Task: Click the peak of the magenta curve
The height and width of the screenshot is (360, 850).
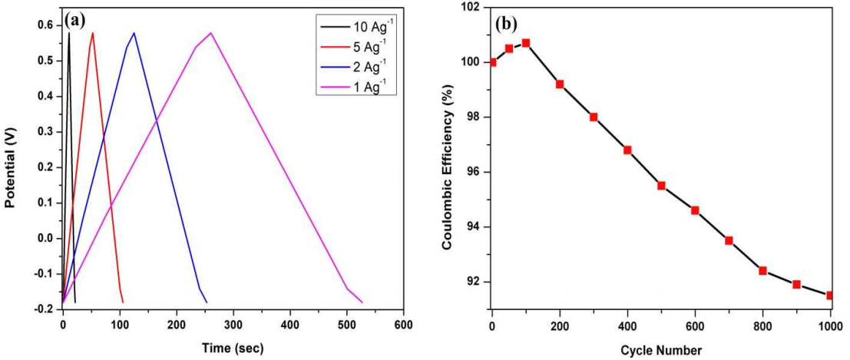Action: point(210,32)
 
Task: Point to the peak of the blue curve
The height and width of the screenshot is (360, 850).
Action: point(134,32)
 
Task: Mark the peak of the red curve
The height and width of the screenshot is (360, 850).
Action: point(93,32)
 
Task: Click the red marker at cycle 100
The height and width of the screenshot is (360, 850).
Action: point(526,43)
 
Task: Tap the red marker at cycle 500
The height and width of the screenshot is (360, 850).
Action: point(661,186)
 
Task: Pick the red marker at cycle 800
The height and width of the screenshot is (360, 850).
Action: point(762,270)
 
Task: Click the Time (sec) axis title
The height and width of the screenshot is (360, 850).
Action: point(233,347)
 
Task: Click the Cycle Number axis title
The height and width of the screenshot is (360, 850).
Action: point(661,350)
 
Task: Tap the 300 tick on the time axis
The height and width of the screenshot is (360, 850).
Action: point(233,324)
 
